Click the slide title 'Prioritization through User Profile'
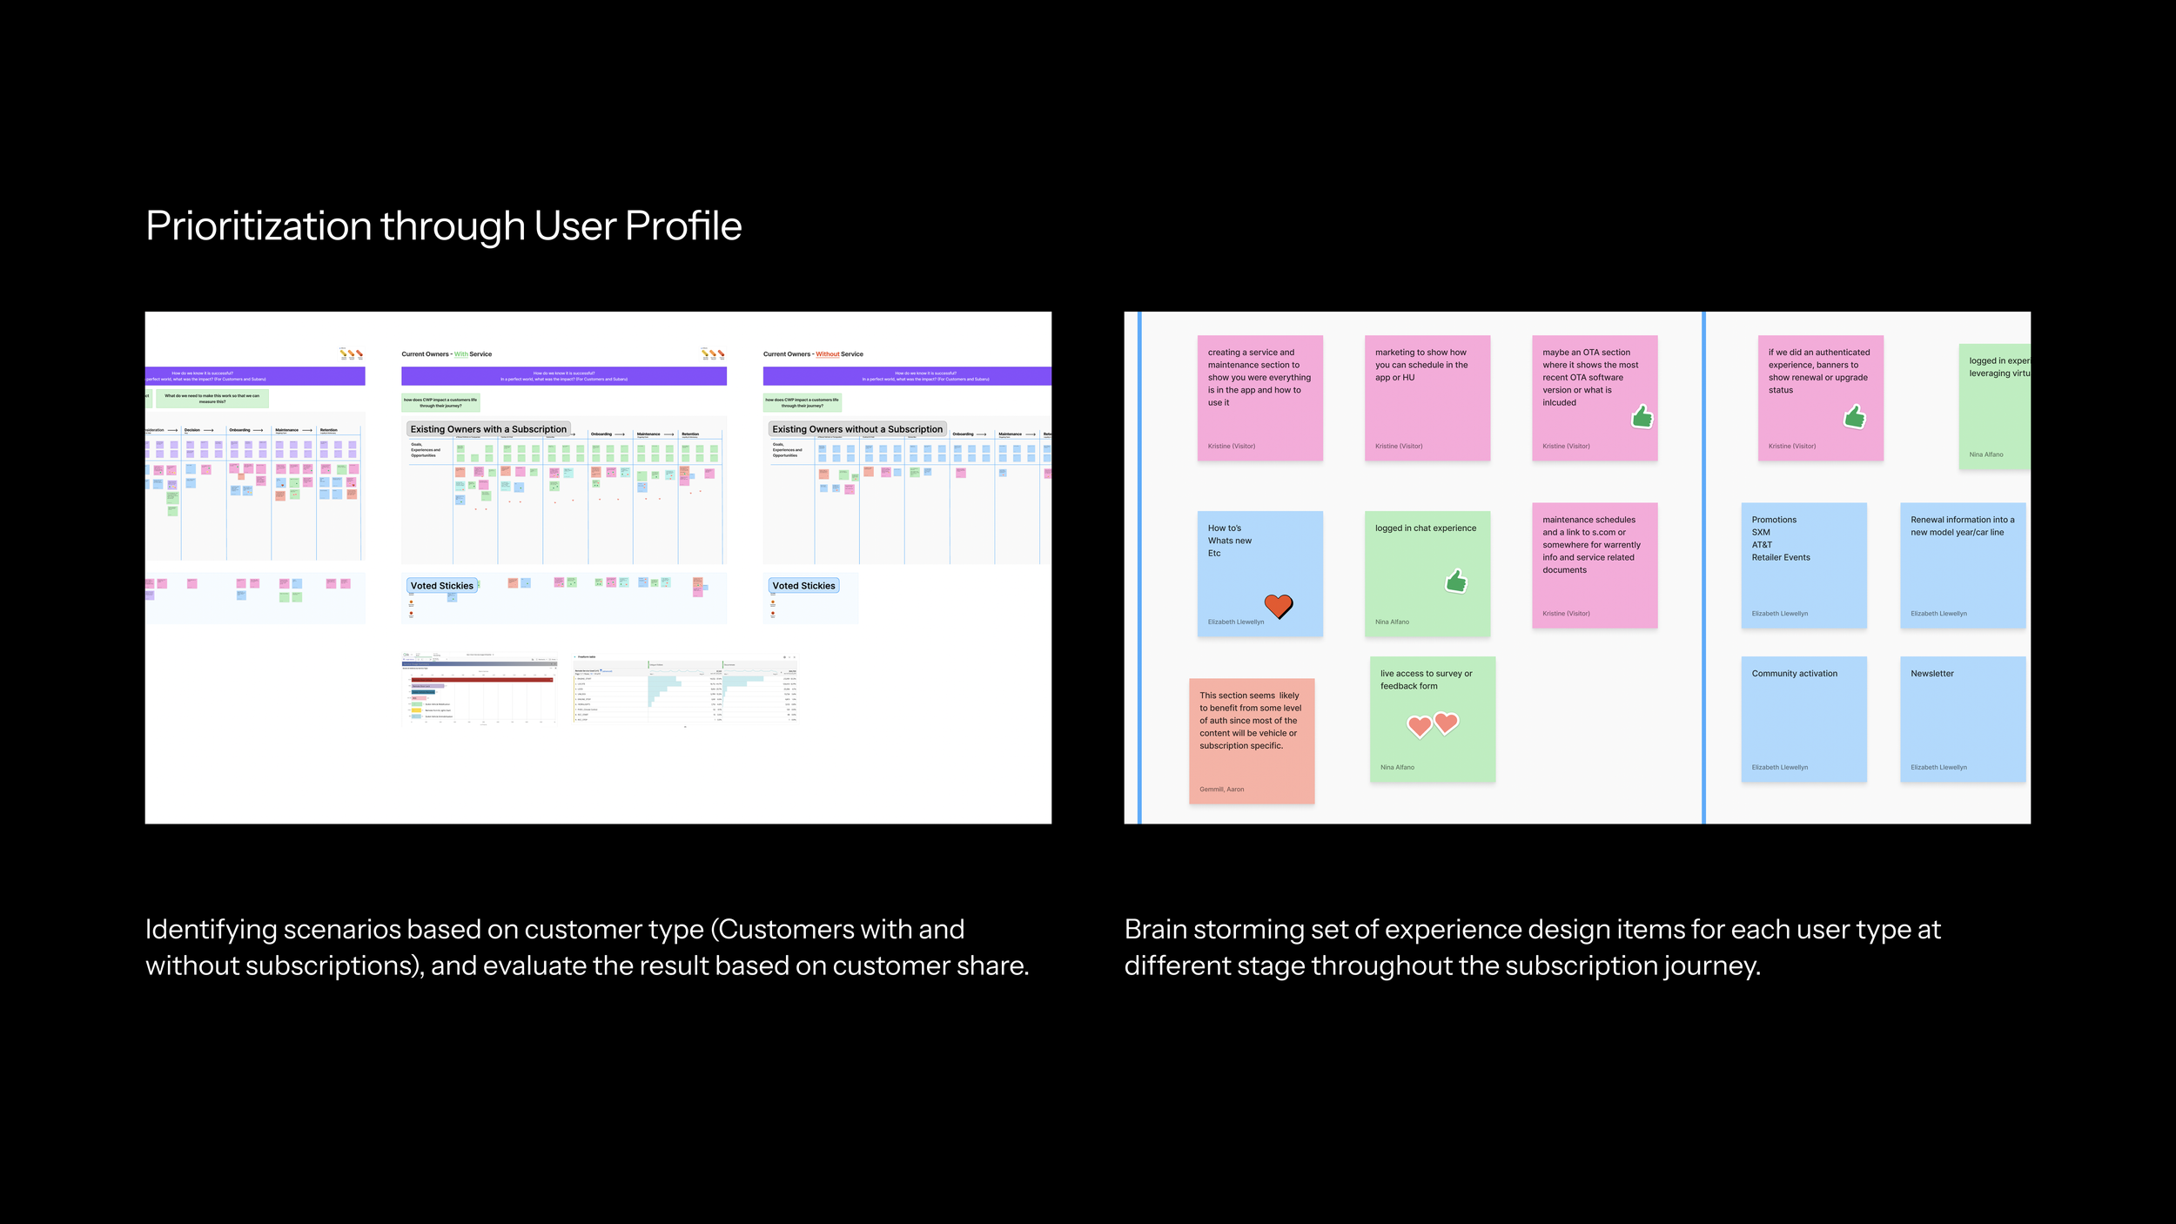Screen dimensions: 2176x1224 click(443, 226)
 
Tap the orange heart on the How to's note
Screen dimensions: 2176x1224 click(1278, 605)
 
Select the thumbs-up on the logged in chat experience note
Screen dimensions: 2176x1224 click(1456, 581)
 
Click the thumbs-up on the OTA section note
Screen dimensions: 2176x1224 click(1642, 417)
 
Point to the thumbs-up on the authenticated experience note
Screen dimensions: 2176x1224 click(1854, 418)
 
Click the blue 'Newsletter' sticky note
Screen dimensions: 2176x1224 click(1962, 718)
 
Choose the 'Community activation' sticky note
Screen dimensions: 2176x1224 click(1803, 718)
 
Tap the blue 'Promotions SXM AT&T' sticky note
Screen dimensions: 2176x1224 click(1803, 565)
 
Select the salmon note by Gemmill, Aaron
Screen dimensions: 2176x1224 click(1251, 741)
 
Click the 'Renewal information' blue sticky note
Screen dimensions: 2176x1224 click(1962, 565)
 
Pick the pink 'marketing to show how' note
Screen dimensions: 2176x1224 click(1427, 398)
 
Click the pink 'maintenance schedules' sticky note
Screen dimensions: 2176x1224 click(1594, 565)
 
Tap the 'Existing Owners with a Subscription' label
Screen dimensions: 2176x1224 click(488, 429)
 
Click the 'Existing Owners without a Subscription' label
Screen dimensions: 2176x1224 click(856, 429)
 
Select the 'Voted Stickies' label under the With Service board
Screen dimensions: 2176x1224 click(442, 586)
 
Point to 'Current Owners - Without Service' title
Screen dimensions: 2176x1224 click(813, 354)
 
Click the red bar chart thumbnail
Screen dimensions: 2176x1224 click(480, 688)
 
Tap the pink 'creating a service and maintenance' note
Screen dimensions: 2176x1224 click(1259, 398)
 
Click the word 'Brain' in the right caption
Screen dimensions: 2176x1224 click(1155, 930)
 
